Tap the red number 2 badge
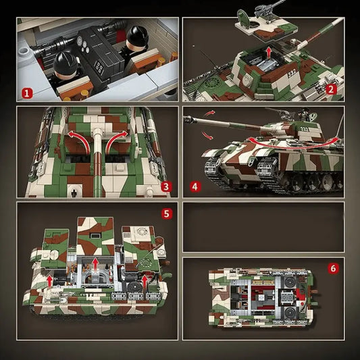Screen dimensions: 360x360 [x=331, y=88]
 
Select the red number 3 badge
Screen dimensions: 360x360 [x=167, y=185]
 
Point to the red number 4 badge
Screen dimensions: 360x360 [x=195, y=185]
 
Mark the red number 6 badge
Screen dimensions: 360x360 [x=332, y=268]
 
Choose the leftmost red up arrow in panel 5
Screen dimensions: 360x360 [x=49, y=277]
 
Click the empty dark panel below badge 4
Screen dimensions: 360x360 [x=263, y=226]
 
